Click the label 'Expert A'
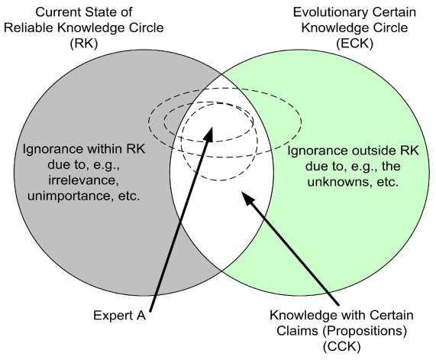point(120,316)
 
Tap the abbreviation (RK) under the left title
point(84,44)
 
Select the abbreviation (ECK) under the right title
point(354,44)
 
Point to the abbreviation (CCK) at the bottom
point(342,347)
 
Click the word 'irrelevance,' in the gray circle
point(84,180)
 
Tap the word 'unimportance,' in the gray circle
point(72,196)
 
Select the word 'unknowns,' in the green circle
point(337,182)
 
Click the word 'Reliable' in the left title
point(28,28)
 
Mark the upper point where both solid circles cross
point(222,75)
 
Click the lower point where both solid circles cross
point(221,271)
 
